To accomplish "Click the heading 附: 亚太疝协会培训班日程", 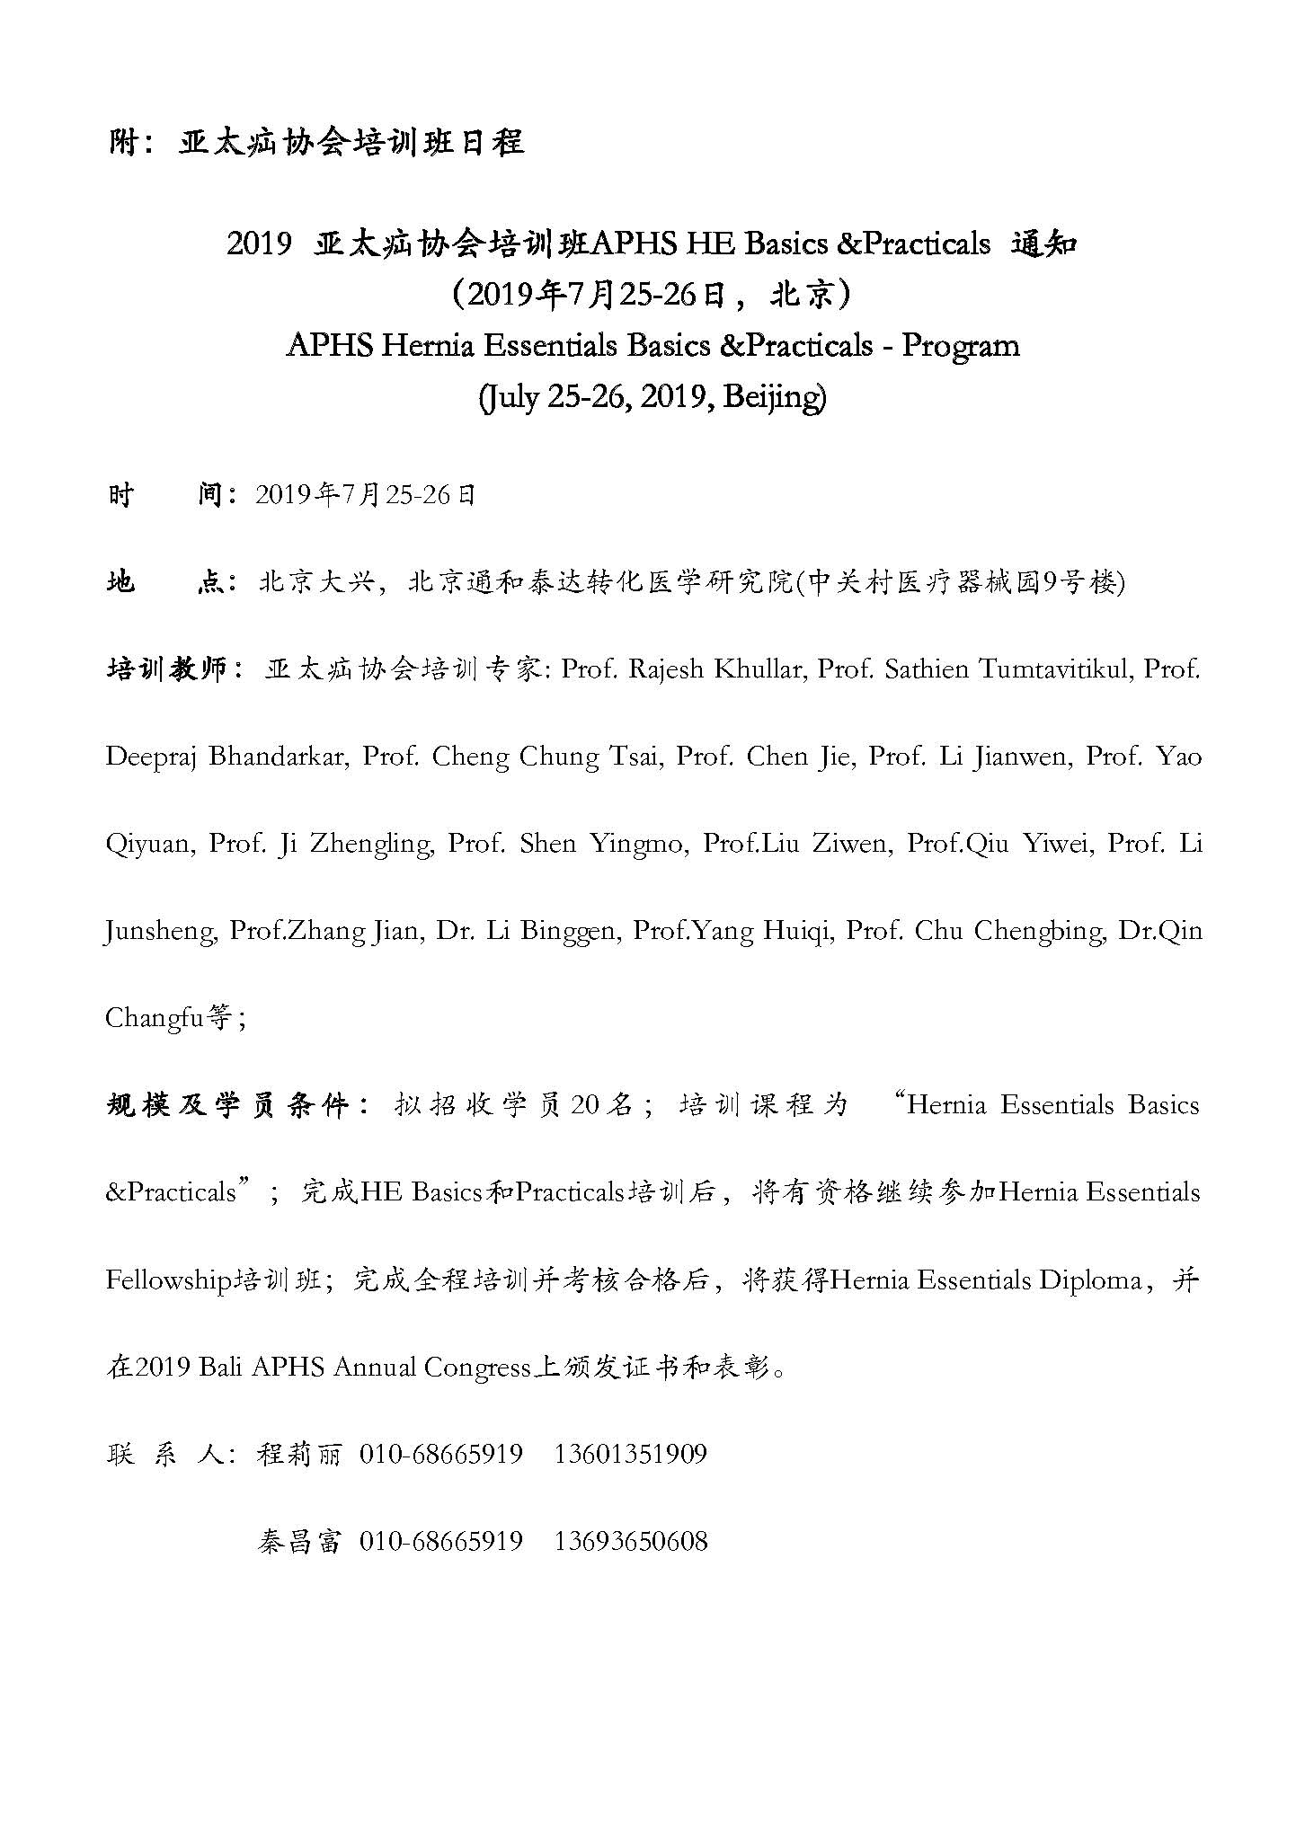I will click(x=315, y=143).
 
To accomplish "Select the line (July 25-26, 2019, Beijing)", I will click(x=652, y=395).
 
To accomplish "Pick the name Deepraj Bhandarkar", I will click(x=226, y=757).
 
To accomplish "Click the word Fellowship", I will click(x=169, y=1279).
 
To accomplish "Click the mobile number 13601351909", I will click(x=631, y=1454).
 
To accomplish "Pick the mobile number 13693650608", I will click(x=631, y=1541).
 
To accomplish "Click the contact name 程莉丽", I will click(x=299, y=1454).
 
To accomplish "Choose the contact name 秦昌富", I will click(x=299, y=1541).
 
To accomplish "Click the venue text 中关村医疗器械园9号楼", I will click(x=962, y=583).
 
